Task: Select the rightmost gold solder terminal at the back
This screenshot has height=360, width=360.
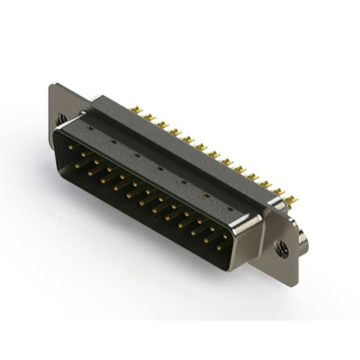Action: pos(291,200)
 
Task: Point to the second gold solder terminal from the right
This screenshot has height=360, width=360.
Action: pos(278,192)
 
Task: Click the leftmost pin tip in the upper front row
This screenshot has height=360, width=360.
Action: pos(70,146)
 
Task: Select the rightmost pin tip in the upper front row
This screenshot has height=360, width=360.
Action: pos(225,236)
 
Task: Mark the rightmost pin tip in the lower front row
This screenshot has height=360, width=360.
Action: pos(219,247)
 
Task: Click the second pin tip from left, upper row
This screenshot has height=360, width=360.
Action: pos(83,154)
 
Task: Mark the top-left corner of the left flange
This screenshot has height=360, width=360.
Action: pos(52,85)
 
